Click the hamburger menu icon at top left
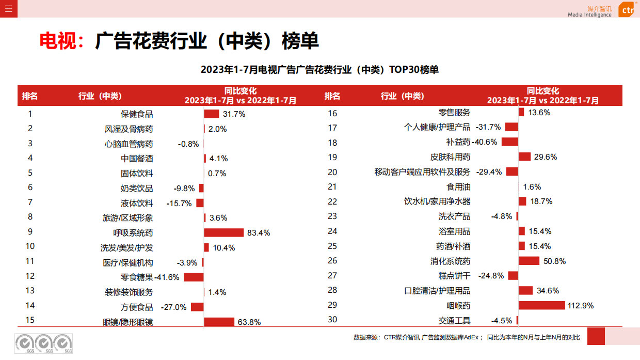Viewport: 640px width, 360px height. tap(8, 8)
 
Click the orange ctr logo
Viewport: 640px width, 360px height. tap(626, 9)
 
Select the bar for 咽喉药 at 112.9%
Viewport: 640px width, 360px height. tap(541, 305)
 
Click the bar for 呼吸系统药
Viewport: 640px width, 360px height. tap(223, 232)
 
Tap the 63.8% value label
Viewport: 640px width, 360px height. tap(249, 322)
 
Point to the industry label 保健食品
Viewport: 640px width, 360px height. tap(137, 114)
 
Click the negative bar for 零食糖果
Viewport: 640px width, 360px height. tap(194, 277)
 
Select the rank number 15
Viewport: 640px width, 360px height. tap(30, 320)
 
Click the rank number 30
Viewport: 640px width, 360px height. tap(332, 320)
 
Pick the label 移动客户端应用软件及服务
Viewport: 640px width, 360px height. tap(422, 172)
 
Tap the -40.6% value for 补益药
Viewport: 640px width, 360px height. tap(485, 142)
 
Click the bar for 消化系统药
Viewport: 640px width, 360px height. tap(529, 261)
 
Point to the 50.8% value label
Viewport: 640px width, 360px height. tap(554, 261)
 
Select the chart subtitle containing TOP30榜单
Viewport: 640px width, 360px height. tap(319, 70)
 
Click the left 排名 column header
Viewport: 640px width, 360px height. tap(30, 96)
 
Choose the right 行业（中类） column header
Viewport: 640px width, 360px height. tap(402, 96)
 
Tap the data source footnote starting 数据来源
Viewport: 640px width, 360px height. tap(467, 337)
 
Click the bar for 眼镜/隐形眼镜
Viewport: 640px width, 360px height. tap(219, 322)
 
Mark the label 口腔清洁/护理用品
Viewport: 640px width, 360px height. tap(437, 291)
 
